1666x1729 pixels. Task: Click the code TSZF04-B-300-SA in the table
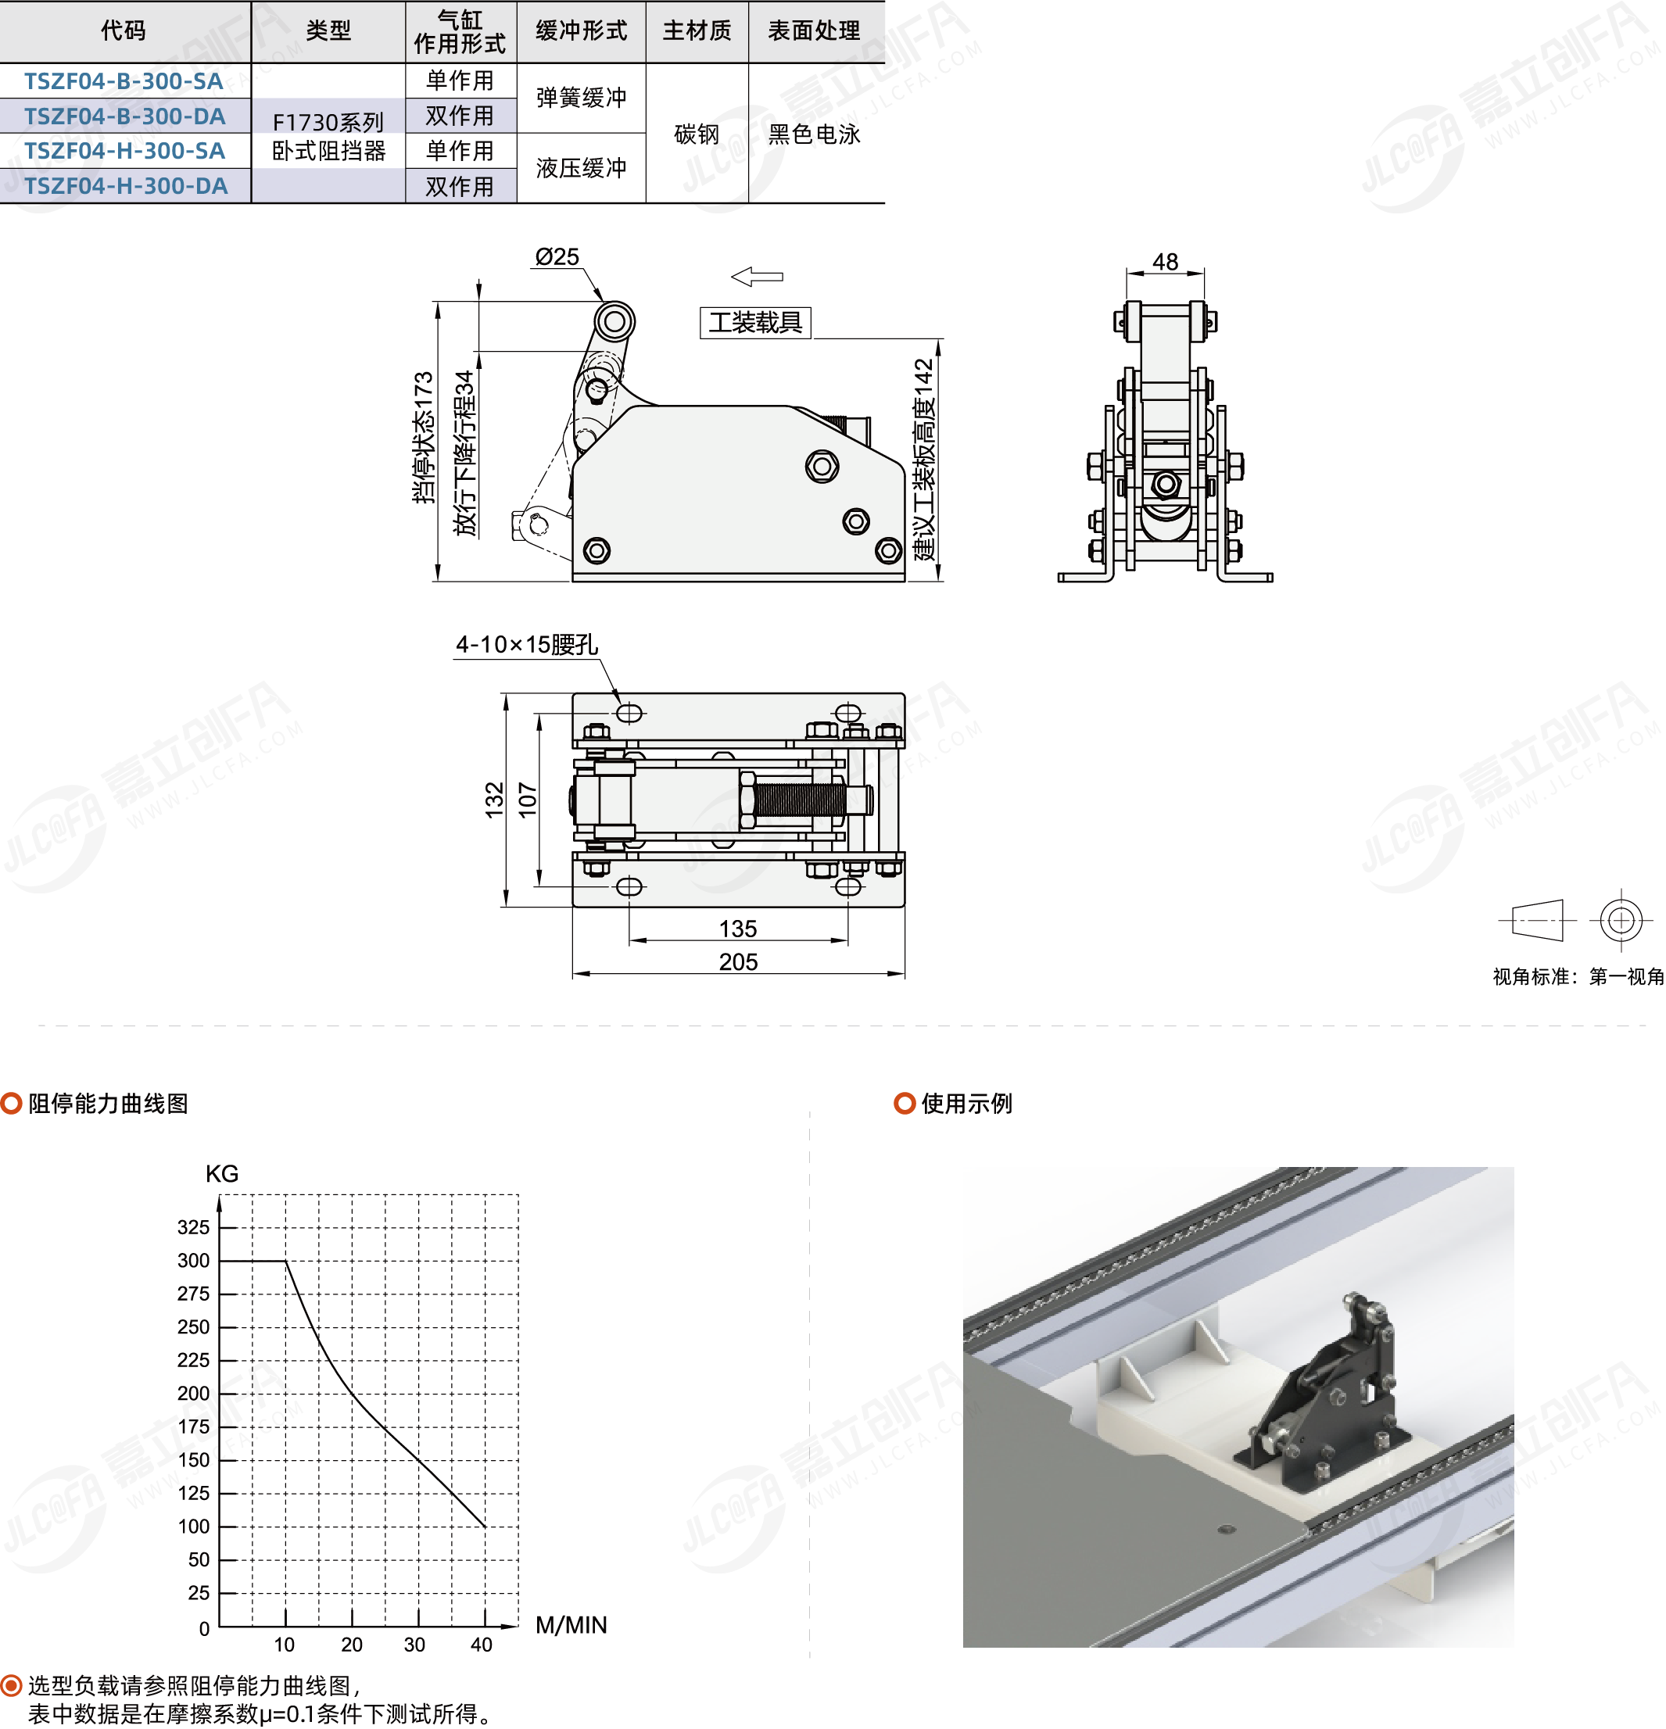124,81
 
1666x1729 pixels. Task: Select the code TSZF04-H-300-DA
125,186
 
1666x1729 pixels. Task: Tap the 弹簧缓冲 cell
581,98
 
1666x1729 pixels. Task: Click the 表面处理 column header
814,31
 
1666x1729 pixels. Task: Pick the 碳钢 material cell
697,134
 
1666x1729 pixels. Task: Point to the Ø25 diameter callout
557,256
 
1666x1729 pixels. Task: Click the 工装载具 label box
755,322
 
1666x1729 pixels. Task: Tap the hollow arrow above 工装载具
757,277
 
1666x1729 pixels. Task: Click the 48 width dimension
1165,262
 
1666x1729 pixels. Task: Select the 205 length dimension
739,961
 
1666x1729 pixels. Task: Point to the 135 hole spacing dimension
738,929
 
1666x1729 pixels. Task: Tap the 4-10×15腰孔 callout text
527,645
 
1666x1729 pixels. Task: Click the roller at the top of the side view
614,321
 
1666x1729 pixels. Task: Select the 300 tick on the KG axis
193,1261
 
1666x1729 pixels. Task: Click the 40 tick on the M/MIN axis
482,1645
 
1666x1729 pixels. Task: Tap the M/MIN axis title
571,1625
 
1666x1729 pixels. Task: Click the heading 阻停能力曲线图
108,1104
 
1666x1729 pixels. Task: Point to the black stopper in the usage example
1324,1393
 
